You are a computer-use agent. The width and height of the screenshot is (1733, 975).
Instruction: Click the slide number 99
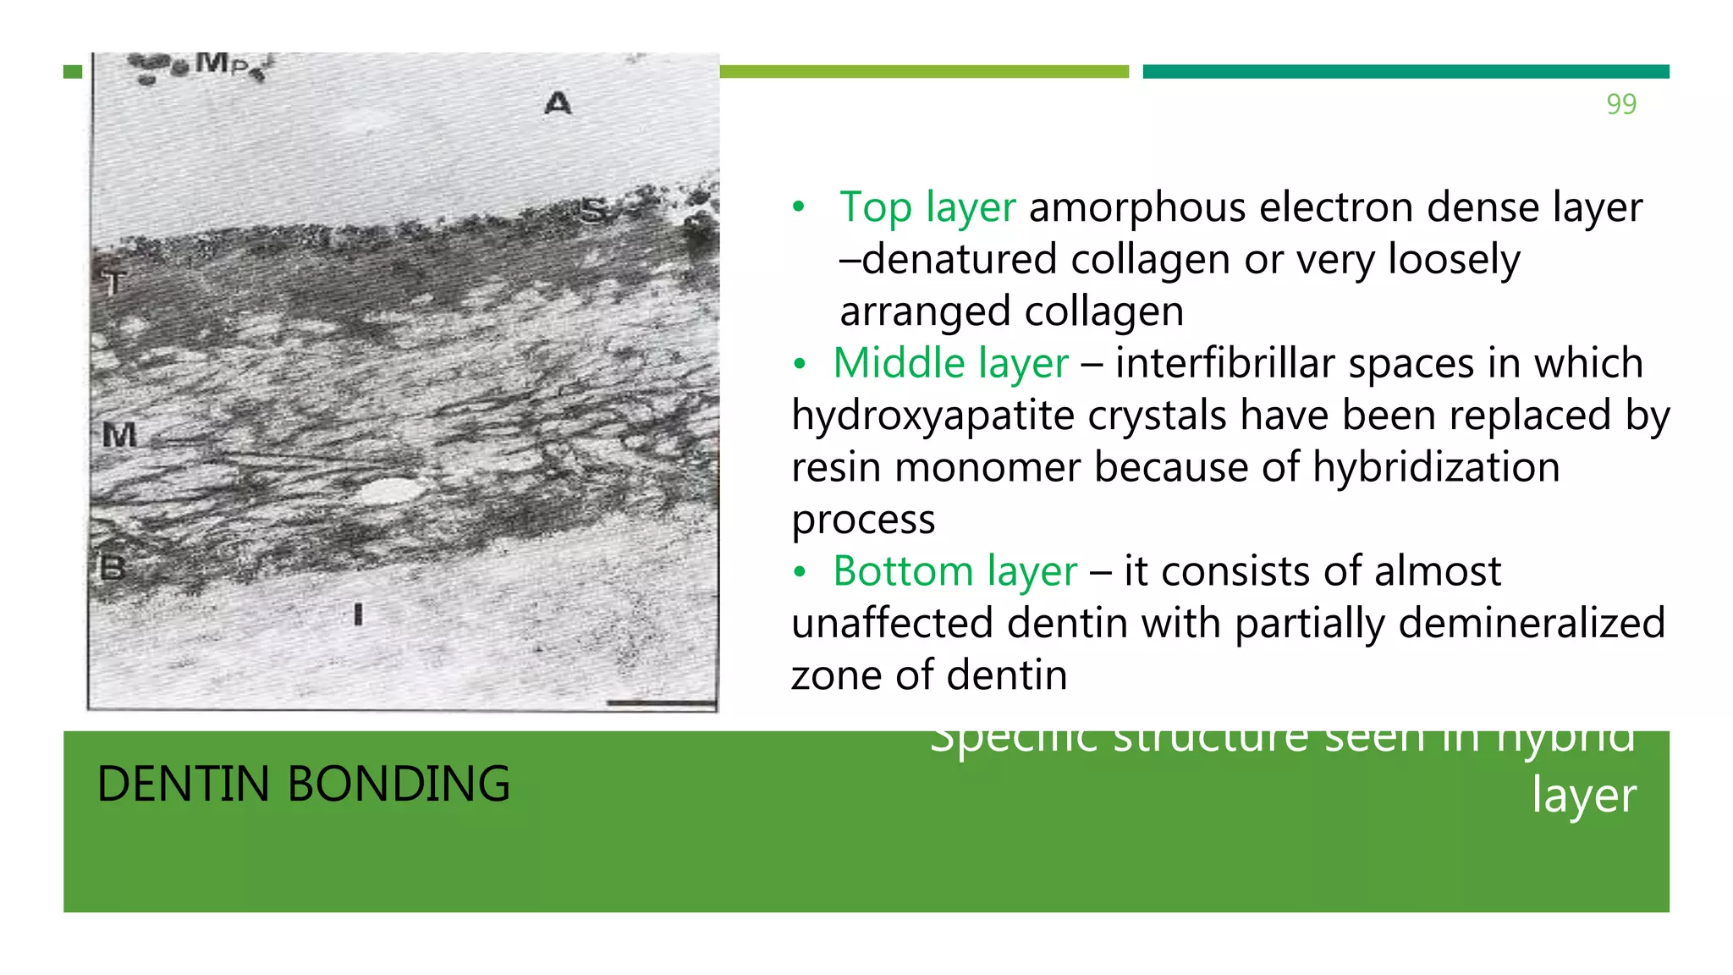click(x=1620, y=104)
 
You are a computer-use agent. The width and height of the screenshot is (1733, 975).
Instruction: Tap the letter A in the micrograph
click(x=558, y=104)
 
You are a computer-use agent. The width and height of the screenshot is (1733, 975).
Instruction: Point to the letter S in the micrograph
click(x=594, y=210)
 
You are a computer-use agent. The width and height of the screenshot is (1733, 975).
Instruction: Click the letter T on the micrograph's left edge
click(x=114, y=282)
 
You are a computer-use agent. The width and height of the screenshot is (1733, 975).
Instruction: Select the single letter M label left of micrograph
click(x=119, y=435)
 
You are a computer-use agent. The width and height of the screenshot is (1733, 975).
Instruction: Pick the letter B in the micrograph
click(x=113, y=568)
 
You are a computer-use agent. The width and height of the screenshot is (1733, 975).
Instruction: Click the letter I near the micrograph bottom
click(x=358, y=614)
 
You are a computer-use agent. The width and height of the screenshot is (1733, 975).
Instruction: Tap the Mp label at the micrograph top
click(x=222, y=63)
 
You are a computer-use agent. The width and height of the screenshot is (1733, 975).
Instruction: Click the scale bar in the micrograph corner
click(x=660, y=702)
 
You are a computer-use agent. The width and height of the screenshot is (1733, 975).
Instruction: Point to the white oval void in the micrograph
click(x=388, y=490)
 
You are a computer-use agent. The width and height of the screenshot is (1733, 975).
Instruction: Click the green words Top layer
click(x=927, y=207)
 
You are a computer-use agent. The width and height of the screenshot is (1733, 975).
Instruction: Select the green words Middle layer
click(x=951, y=363)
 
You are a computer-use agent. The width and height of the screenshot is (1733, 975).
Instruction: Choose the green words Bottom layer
click(x=955, y=571)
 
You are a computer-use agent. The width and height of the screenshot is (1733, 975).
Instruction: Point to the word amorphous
click(x=1137, y=207)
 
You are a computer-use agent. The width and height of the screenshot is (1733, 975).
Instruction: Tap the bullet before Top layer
click(x=799, y=207)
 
